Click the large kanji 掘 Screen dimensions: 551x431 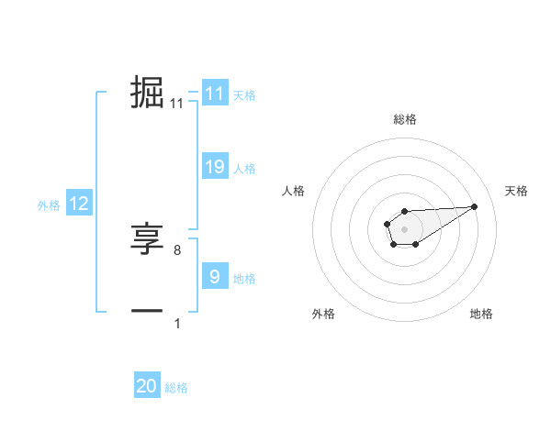[x=147, y=93]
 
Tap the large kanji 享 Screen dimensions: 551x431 [x=147, y=240]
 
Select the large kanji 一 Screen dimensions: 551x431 [x=147, y=312]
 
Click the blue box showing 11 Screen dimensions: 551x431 [x=214, y=94]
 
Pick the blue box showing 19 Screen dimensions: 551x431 [x=214, y=167]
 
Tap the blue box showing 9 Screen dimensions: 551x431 [x=214, y=277]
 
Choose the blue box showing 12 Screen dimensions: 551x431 [x=78, y=204]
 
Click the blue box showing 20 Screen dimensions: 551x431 [x=147, y=387]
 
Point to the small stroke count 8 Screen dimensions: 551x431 [x=177, y=249]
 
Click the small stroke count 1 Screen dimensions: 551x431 [x=177, y=323]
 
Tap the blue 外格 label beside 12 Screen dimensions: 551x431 [x=49, y=205]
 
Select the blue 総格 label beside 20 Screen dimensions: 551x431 [x=176, y=388]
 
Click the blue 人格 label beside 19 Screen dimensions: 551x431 [x=244, y=169]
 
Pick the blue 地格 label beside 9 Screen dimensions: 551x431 [x=244, y=279]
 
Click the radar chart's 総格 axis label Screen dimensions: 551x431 [x=405, y=119]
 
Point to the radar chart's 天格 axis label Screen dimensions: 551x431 [x=516, y=191]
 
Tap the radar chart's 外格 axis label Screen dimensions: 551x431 [x=323, y=315]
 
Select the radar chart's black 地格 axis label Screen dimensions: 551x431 [x=481, y=315]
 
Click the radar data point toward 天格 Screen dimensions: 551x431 [x=475, y=205]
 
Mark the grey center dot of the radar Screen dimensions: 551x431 [x=404, y=227]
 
